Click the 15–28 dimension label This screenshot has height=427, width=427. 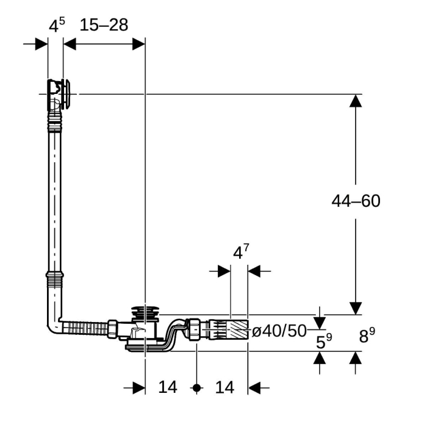104,25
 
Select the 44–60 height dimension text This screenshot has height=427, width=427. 356,201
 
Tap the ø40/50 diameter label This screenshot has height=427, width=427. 279,331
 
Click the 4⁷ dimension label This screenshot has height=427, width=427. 241,251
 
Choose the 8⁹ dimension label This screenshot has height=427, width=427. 367,335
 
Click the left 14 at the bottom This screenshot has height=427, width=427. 168,387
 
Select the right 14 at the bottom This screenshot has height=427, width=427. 224,387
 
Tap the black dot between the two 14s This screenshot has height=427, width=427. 196,388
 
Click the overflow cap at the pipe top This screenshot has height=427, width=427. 66,94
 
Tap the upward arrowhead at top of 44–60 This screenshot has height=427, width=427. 356,101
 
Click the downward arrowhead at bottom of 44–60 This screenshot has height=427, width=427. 356,308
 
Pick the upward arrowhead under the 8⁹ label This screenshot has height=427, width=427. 356,357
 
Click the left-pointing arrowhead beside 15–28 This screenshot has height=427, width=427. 70,44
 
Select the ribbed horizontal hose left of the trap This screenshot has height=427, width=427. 85,328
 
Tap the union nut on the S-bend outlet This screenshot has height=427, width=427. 195,329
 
